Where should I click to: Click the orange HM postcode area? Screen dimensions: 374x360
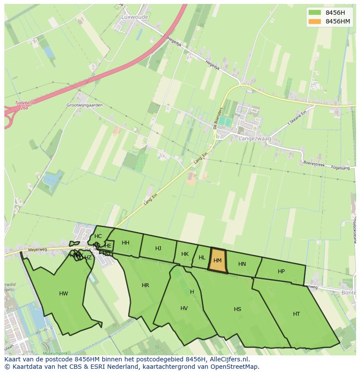218,261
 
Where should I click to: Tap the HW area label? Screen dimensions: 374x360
63,294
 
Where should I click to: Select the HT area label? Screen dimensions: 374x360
297,314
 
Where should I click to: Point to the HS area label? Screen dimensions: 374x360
237,309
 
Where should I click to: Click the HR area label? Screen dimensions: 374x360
145,285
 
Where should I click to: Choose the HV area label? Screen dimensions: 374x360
184,308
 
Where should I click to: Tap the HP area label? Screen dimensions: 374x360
281,271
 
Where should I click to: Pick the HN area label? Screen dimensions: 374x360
242,264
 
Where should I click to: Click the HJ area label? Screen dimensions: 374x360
158,248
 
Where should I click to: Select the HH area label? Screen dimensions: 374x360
126,243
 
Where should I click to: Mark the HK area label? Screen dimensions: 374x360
185,254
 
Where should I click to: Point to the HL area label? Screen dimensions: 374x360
202,258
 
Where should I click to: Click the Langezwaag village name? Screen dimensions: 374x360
255,139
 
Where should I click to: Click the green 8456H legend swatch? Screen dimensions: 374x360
314,12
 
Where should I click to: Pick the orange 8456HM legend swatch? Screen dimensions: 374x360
314,21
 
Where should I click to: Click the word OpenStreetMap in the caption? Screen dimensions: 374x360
236,367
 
